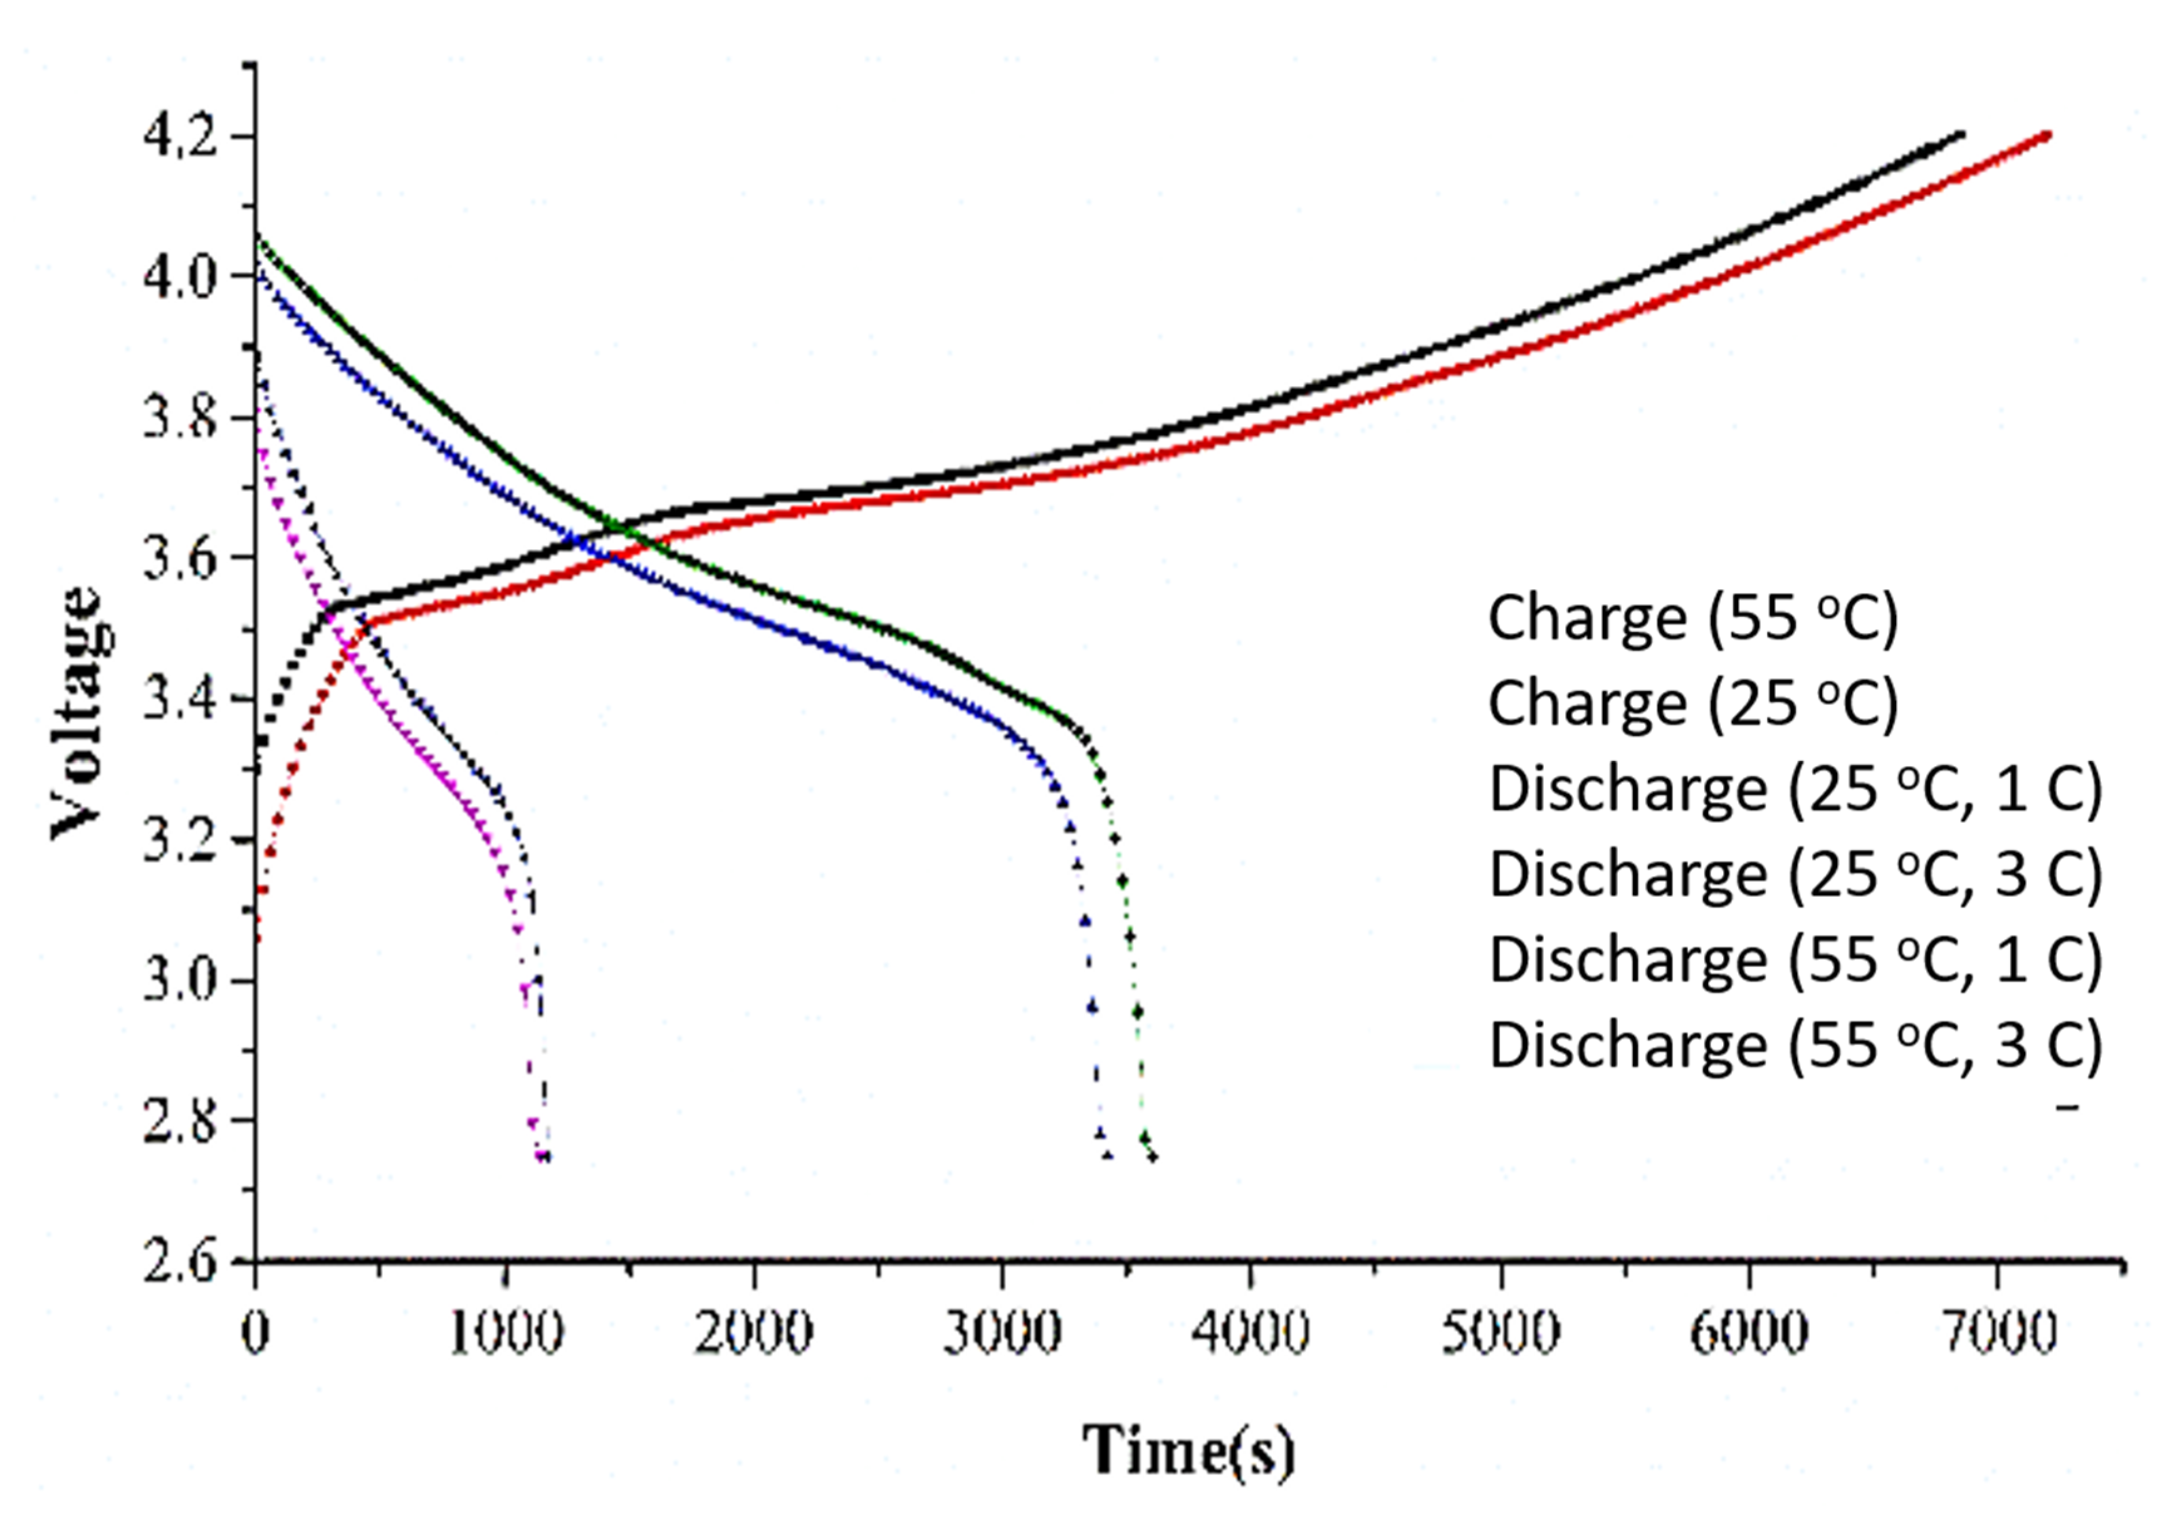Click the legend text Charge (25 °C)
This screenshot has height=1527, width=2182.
pos(1692,704)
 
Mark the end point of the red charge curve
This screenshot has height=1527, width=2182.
pos(2047,135)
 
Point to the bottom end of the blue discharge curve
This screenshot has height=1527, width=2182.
pos(1107,1155)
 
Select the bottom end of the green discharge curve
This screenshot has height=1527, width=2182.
pos(1153,1157)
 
